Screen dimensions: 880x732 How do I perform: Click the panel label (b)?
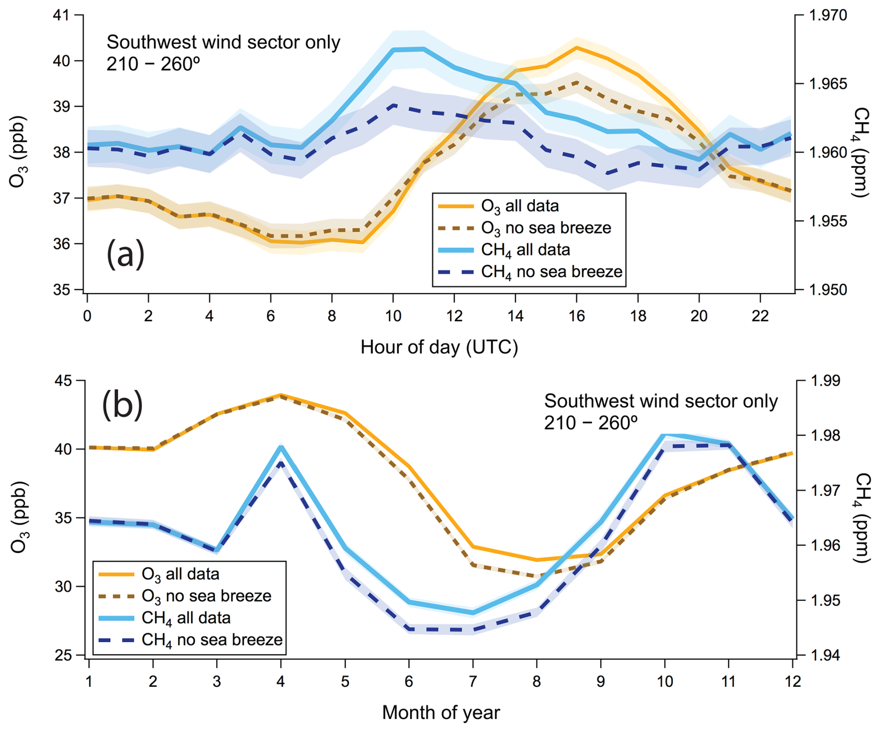click(122, 405)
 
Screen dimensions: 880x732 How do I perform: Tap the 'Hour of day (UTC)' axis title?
click(439, 347)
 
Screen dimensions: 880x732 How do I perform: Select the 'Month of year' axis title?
click(441, 712)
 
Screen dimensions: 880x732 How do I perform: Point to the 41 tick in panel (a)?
click(61, 15)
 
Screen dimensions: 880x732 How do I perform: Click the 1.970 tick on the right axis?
click(828, 15)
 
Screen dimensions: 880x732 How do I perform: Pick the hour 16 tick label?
click(577, 316)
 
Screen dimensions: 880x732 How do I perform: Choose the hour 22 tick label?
click(760, 316)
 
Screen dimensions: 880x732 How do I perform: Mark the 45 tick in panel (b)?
click(64, 381)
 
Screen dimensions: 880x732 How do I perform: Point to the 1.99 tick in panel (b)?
click(826, 381)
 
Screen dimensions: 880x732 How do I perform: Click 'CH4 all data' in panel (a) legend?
click(526, 250)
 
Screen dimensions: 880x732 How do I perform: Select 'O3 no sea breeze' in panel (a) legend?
click(546, 228)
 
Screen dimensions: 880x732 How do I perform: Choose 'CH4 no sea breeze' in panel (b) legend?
click(212, 640)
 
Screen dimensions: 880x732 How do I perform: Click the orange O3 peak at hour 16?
click(577, 47)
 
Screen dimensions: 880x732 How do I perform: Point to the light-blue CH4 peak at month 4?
click(281, 447)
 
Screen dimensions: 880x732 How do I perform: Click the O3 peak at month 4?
click(281, 395)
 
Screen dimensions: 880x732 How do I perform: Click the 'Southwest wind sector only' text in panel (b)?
click(661, 401)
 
